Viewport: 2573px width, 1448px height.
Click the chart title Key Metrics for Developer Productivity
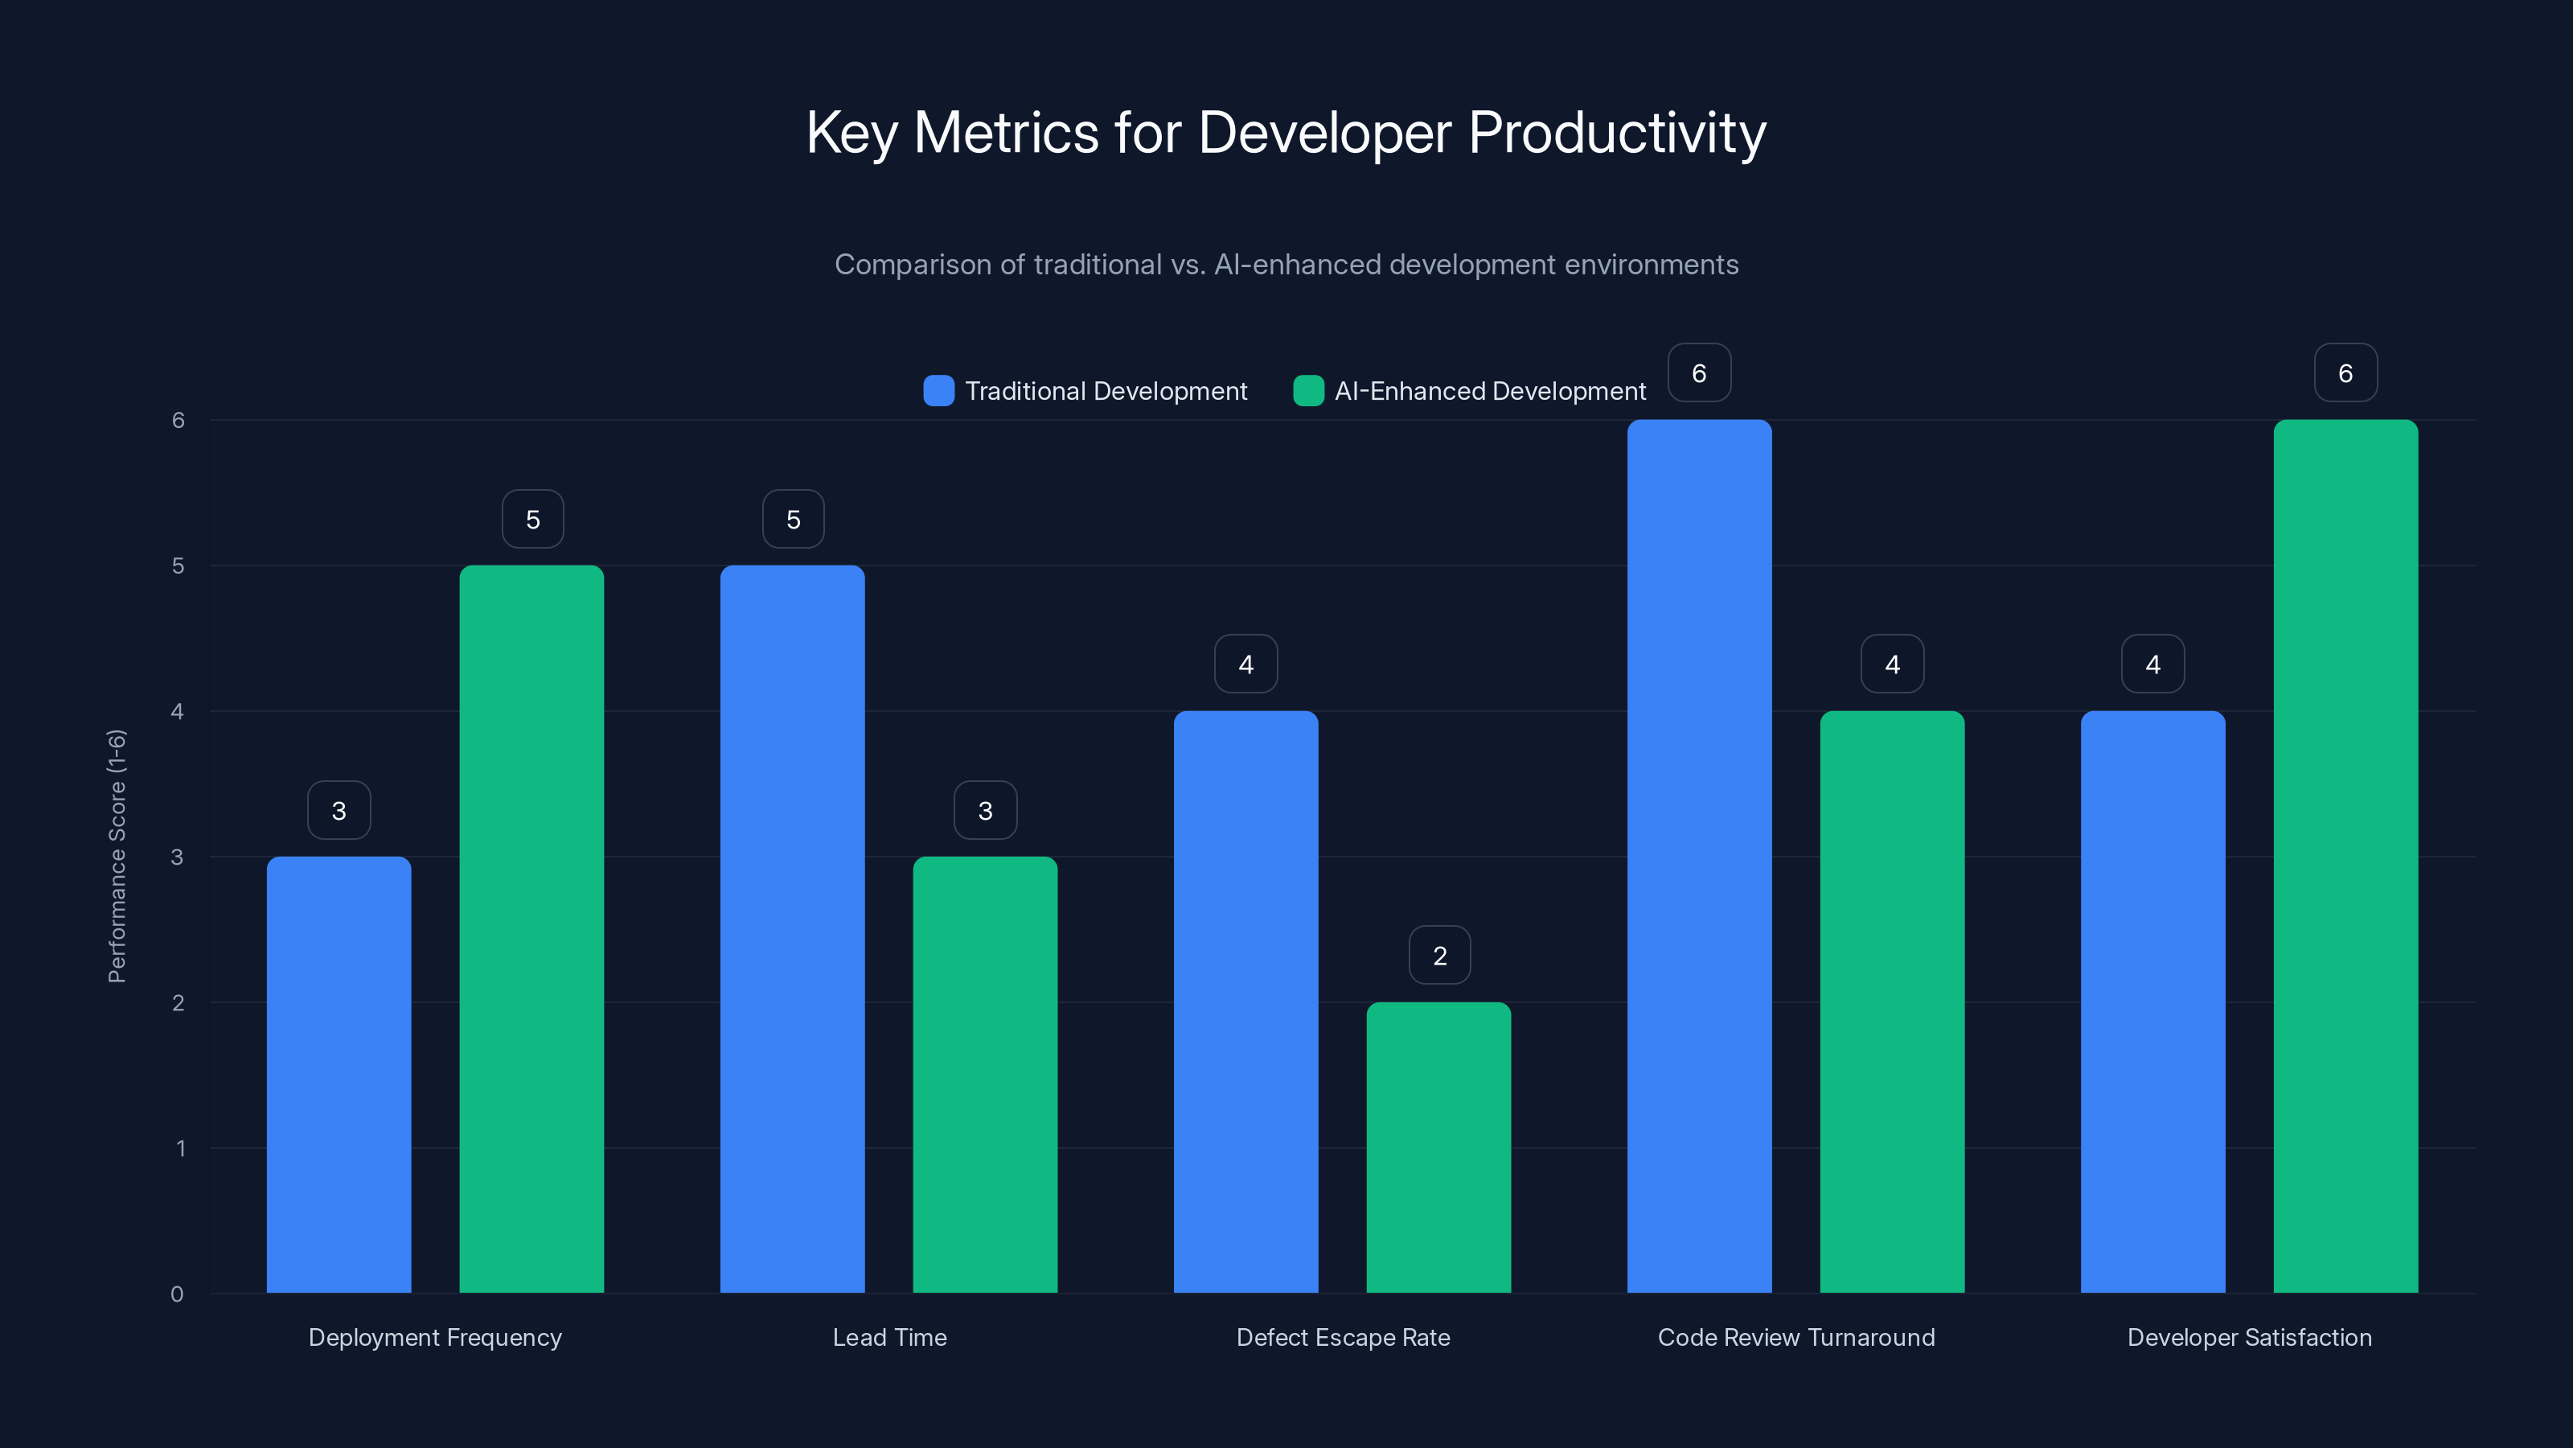coord(1286,133)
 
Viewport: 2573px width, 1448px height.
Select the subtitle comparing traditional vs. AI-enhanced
coord(1286,265)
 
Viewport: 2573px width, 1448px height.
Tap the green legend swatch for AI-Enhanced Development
coord(1307,391)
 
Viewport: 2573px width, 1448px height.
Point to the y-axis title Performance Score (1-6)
coord(117,857)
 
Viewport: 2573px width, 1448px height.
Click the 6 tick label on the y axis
coord(178,421)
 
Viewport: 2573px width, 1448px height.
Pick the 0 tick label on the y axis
coord(177,1294)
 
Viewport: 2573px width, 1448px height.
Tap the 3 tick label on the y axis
coord(177,858)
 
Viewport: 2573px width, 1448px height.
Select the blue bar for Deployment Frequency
coord(339,1074)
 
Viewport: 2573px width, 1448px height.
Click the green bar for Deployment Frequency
coord(531,929)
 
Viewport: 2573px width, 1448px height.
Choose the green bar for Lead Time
coord(985,1074)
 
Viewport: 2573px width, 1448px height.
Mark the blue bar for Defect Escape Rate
coord(1245,1002)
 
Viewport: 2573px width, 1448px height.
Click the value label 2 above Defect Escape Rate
coord(1439,956)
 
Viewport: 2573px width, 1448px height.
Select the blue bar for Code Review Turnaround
coord(1699,857)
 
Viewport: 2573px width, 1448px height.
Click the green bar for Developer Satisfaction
coord(2345,857)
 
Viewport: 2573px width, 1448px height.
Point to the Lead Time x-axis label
coord(889,1337)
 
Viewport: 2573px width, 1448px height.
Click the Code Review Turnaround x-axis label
coord(1796,1337)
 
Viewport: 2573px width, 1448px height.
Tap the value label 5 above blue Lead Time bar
coord(793,519)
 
